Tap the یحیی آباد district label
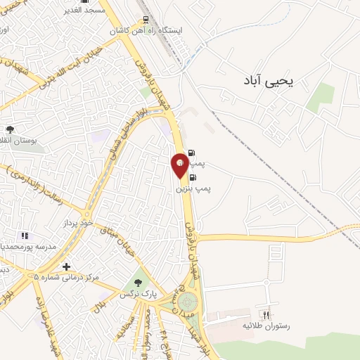[272, 82]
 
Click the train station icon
[146, 19]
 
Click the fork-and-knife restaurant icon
[265, 314]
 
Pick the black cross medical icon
[66, 267]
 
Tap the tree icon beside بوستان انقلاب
[10, 129]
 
